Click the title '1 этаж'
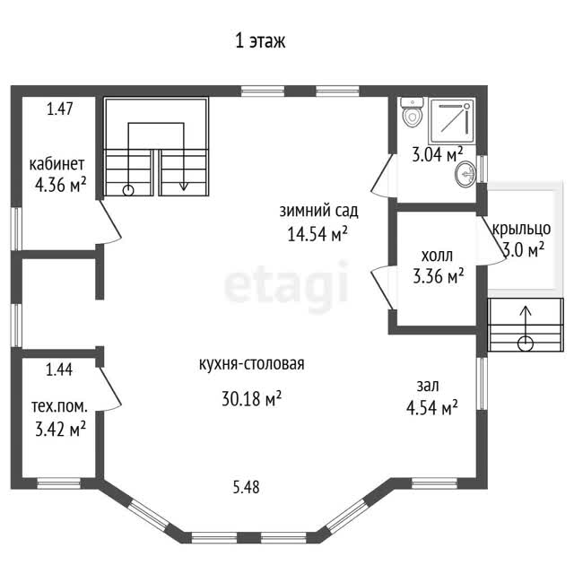point(260,40)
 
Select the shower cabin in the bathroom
point(452,121)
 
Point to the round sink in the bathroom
point(465,174)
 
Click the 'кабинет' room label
point(57,164)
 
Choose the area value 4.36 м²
point(60,185)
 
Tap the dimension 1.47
point(60,109)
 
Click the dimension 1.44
point(59,370)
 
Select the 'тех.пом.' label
point(60,406)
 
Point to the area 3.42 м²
point(60,429)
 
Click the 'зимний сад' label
point(319,211)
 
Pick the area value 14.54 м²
point(317,233)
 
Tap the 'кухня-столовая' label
point(252,364)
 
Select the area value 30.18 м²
point(251,398)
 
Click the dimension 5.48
point(247,487)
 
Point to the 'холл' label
point(437,256)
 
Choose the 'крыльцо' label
point(521,229)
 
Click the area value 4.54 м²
point(432,407)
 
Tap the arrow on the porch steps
point(526,328)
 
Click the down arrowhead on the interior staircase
point(183,186)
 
